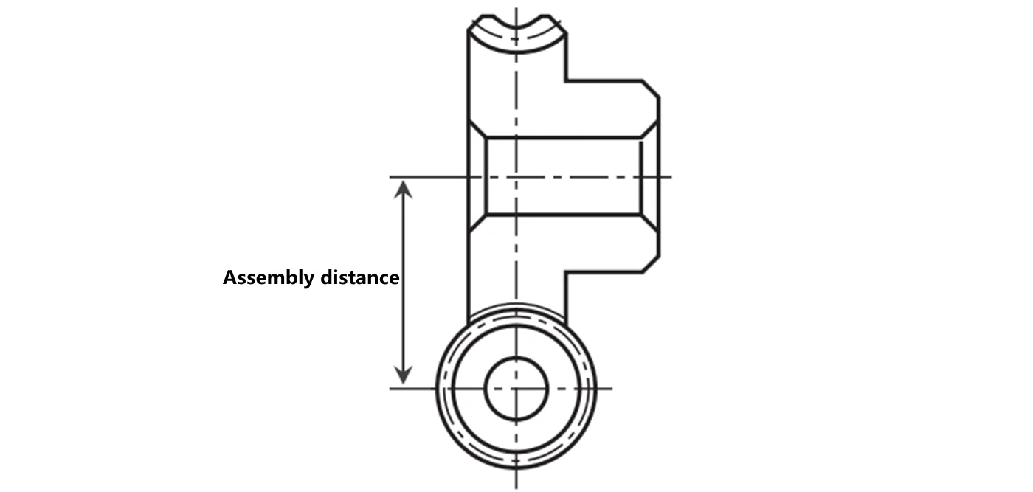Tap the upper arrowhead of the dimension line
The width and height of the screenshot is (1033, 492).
403,190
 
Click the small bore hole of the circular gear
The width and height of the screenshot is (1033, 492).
516,388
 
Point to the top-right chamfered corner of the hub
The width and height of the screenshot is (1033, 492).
650,89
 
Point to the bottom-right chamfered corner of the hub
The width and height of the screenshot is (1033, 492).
650,264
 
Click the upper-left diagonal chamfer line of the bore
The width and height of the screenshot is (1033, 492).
477,130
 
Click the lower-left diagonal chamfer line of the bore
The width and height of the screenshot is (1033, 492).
477,223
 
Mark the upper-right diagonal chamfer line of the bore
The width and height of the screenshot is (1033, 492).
649,130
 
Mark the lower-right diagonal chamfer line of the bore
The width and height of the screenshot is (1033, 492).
649,223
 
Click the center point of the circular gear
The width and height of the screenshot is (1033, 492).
516,388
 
